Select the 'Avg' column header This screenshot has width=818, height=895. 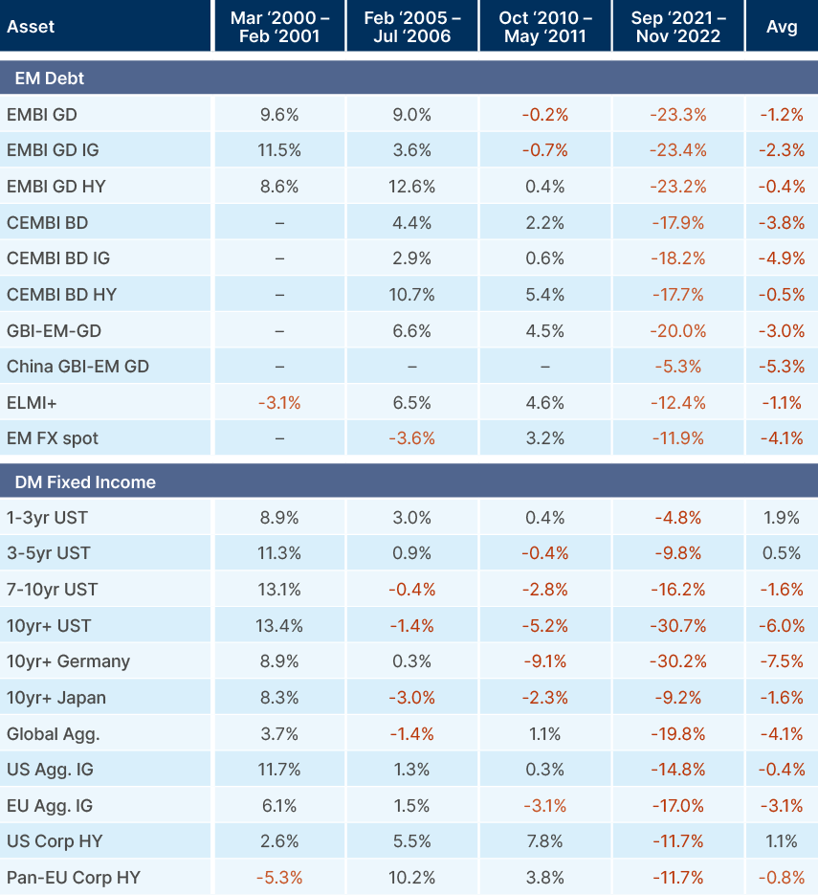pyautogui.click(x=782, y=27)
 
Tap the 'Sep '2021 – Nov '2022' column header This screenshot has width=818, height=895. pyautogui.click(x=677, y=27)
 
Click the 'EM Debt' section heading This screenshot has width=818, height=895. pyautogui.click(x=46, y=78)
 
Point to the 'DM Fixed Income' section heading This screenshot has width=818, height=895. pyautogui.click(x=80, y=481)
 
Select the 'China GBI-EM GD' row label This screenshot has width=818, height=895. pyautogui.click(x=77, y=367)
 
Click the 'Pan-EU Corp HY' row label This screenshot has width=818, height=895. pyautogui.click(x=68, y=877)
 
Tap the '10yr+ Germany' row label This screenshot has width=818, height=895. pyautogui.click(x=68, y=661)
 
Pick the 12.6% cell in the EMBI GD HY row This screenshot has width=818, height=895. pyautogui.click(x=412, y=187)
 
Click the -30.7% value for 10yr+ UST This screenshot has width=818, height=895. pyautogui.click(x=677, y=626)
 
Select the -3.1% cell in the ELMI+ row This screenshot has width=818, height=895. pyautogui.click(x=279, y=403)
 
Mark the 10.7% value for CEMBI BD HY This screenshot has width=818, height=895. pyautogui.click(x=412, y=295)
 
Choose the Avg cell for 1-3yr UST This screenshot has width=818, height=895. pyautogui.click(x=782, y=518)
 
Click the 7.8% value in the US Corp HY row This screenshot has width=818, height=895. pyautogui.click(x=545, y=841)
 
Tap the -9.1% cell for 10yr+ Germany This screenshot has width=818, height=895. pyautogui.click(x=545, y=661)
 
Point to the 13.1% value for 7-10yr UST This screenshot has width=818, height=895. pyautogui.click(x=279, y=590)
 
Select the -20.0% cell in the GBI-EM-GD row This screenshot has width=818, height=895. pyautogui.click(x=677, y=331)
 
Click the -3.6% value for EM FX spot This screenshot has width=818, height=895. pyautogui.click(x=412, y=438)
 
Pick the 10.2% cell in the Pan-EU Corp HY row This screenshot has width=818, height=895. pyautogui.click(x=412, y=877)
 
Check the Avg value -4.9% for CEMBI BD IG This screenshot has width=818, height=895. pyautogui.click(x=782, y=258)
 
